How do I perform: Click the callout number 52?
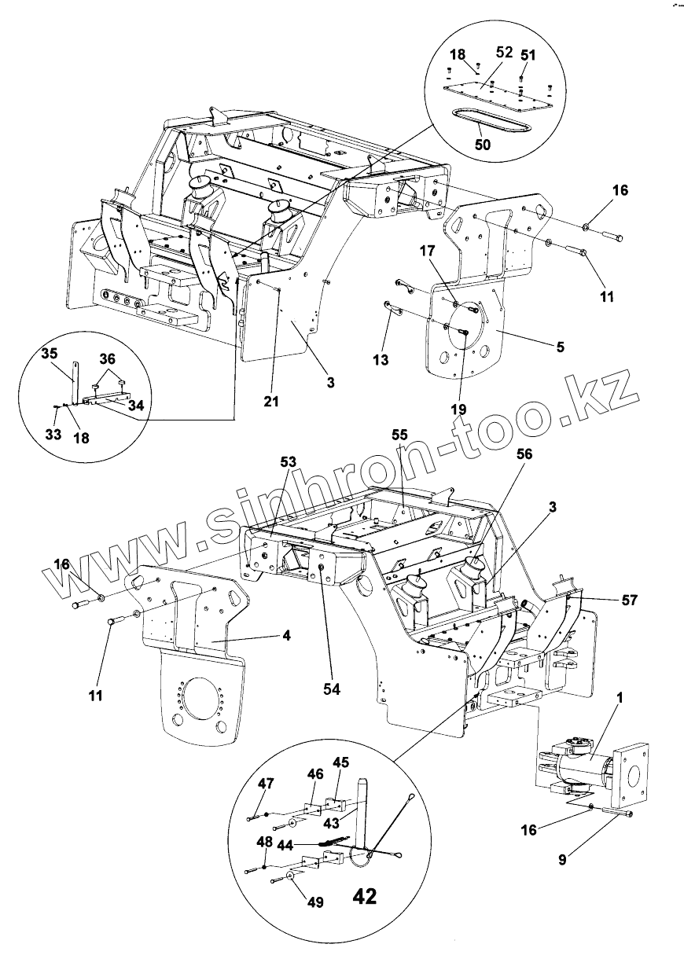pos(504,53)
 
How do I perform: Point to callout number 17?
pos(449,252)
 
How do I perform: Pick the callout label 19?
pos(459,409)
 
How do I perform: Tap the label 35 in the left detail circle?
pos(50,354)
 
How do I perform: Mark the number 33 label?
pos(53,432)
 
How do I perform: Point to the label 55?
pos(401,434)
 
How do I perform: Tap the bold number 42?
pos(364,897)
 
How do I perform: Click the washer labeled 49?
pos(292,875)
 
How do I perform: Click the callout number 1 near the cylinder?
pos(620,698)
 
